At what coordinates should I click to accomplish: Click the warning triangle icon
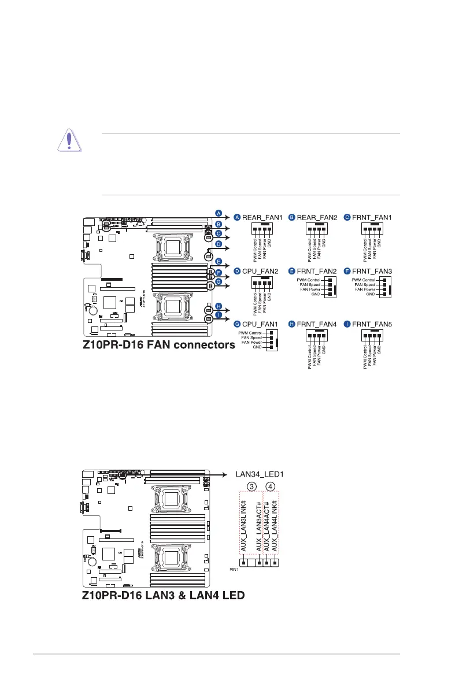click(x=69, y=142)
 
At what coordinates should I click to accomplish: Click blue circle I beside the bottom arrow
click(x=219, y=315)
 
